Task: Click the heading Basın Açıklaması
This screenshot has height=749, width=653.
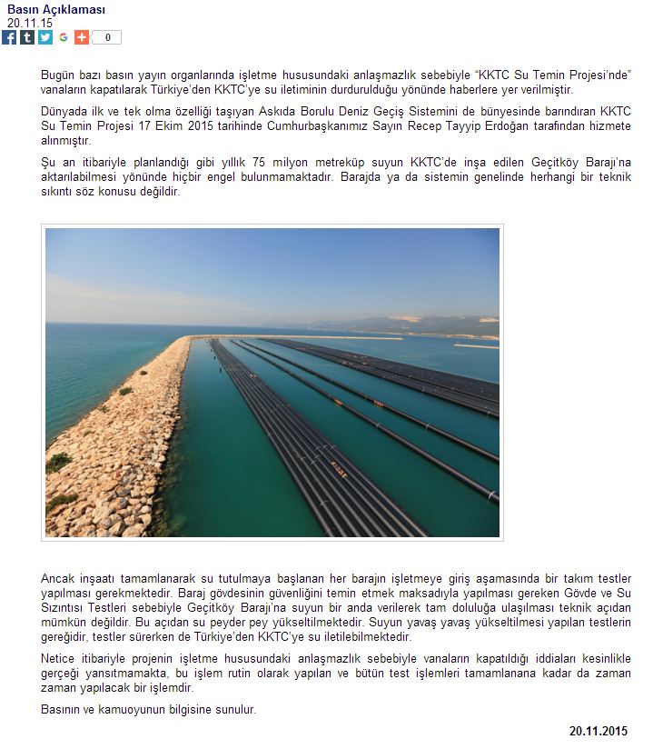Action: [x=56, y=10]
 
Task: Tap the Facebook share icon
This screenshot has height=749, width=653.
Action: [x=9, y=37]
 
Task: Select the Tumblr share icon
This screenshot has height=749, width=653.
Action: [x=27, y=37]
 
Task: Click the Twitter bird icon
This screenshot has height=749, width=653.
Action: [x=45, y=37]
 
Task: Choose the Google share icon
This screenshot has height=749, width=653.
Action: [x=64, y=37]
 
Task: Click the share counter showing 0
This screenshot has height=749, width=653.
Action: [x=108, y=37]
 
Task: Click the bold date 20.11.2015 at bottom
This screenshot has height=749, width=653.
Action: [x=599, y=731]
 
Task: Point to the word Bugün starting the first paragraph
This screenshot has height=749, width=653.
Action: [x=58, y=74]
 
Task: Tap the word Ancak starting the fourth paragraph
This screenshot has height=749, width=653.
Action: [x=58, y=579]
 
